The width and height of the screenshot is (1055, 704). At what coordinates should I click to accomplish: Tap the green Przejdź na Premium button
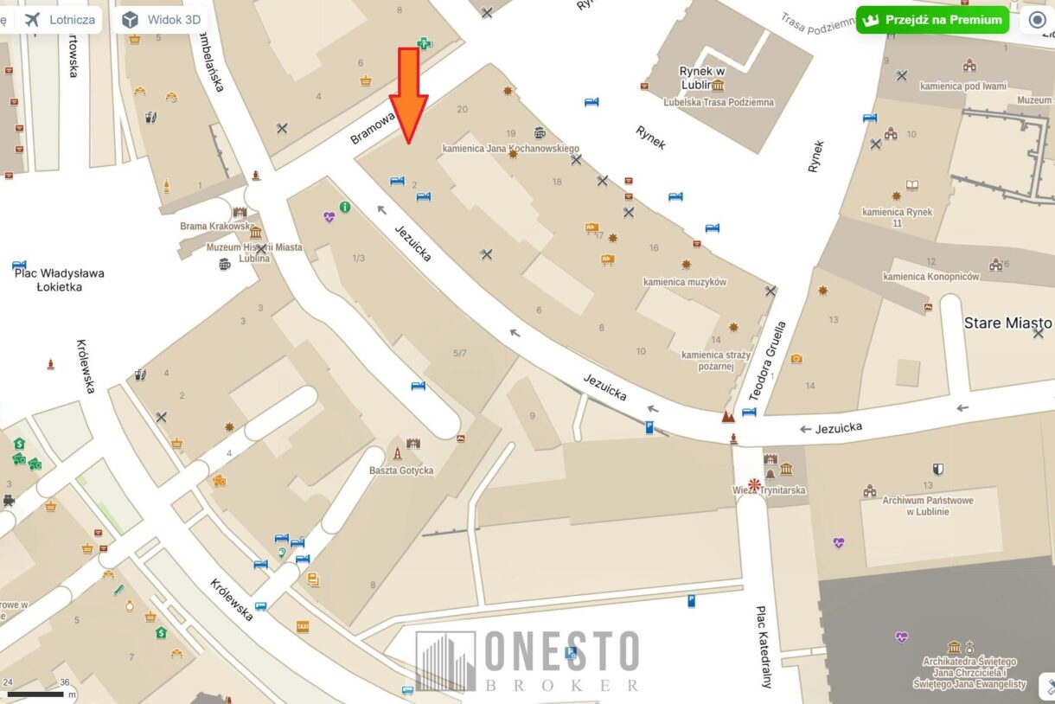click(933, 20)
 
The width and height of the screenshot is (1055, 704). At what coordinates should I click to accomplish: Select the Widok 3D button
click(161, 20)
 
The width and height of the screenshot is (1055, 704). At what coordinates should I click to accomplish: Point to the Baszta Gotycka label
click(400, 470)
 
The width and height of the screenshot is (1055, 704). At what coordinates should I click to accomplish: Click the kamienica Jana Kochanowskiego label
click(510, 149)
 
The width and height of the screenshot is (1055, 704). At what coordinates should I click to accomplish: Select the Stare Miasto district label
click(1007, 323)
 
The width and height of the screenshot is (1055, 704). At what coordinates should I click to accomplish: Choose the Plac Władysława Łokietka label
click(59, 279)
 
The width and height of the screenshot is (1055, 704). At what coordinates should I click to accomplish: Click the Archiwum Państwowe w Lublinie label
click(927, 506)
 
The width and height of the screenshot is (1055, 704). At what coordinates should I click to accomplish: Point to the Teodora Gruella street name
click(767, 362)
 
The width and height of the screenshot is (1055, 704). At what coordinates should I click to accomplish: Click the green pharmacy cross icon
click(424, 43)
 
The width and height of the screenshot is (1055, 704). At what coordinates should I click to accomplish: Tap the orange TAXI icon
click(303, 626)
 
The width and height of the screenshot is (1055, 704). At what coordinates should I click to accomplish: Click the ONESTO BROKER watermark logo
click(527, 661)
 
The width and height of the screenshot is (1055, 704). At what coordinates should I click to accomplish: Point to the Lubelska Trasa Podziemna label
click(719, 102)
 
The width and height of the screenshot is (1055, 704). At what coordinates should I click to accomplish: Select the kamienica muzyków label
click(684, 282)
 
